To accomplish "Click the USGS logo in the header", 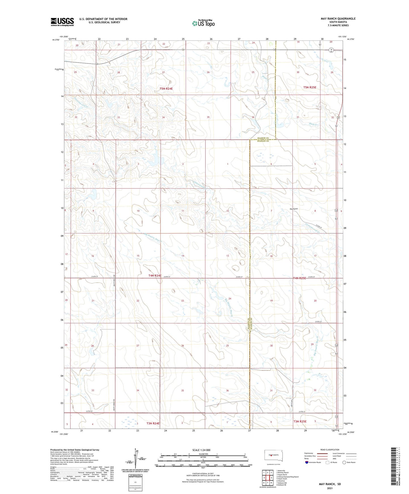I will click(62, 22).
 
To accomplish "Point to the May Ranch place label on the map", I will click(294, 209).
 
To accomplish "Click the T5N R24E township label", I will click(166, 89).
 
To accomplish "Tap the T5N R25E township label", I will click(310, 87).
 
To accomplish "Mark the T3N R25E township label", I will click(300, 421).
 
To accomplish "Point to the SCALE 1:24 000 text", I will click(201, 450).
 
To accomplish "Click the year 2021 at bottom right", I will click(330, 488).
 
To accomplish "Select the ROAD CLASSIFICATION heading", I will click(330, 450).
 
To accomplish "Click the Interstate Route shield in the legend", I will click(307, 462).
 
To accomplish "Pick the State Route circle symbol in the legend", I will click(344, 462).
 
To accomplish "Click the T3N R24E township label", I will click(153, 423).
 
